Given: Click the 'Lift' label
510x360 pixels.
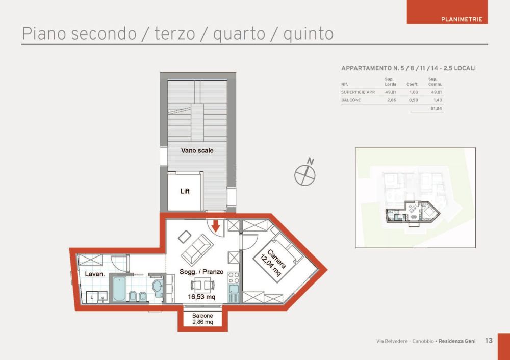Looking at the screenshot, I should click(185, 191).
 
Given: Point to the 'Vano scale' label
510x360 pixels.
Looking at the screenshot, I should click(197, 150).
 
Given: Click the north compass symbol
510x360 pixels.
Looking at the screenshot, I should click(305, 174).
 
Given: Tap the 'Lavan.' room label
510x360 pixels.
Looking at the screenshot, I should click(95, 274).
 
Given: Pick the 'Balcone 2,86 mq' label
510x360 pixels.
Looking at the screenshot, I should click(202, 319).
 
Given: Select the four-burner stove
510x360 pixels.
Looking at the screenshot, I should click(234, 278).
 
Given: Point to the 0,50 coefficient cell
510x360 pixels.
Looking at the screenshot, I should click(413, 100).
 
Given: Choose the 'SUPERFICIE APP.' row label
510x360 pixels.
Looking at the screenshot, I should click(358, 92).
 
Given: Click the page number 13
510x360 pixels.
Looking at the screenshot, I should click(489, 340).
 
